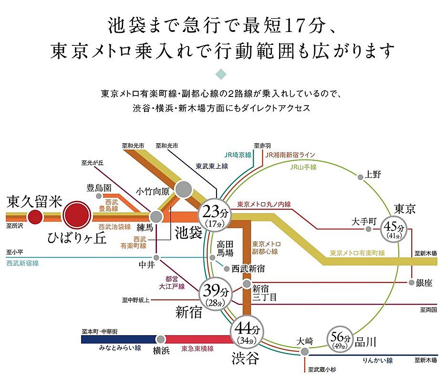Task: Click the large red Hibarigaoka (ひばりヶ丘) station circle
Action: (77, 215)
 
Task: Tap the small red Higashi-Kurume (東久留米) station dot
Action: (35, 217)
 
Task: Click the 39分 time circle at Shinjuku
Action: (216, 294)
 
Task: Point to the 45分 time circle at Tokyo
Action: (393, 230)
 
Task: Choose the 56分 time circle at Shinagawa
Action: (340, 339)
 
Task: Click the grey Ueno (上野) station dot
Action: (360, 177)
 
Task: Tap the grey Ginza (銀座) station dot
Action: (411, 283)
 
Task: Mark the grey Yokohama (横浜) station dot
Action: (161, 339)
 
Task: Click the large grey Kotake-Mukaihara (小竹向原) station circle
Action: (183, 190)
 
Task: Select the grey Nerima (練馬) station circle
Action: (156, 217)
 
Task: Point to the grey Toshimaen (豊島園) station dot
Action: (99, 196)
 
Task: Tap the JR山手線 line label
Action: (303, 167)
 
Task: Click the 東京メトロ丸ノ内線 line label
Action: (264, 204)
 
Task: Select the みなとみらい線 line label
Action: (120, 348)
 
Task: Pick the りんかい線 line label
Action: (378, 361)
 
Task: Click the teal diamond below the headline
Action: (221, 74)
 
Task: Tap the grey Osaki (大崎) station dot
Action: (304, 351)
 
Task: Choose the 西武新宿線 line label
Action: (22, 263)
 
